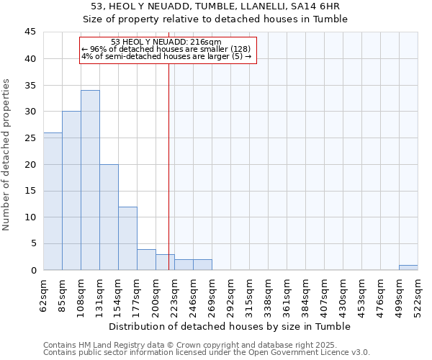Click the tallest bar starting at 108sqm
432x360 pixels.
[x=90, y=180]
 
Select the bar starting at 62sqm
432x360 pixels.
[x=53, y=202]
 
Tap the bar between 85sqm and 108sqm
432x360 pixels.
[x=71, y=191]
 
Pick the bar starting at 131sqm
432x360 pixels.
[x=109, y=217]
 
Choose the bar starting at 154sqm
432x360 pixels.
[x=127, y=238]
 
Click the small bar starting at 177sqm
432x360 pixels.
[x=146, y=259]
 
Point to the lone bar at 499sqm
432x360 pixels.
[x=408, y=267]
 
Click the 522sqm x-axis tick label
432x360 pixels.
[x=418, y=296]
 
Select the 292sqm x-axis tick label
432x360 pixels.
[x=231, y=296]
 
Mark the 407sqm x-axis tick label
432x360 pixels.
[x=325, y=296]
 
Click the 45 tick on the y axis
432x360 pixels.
[x=30, y=32]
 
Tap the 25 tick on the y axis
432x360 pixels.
[x=30, y=138]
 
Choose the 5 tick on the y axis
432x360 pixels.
[x=33, y=244]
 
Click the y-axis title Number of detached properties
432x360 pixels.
[x=7, y=155]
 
